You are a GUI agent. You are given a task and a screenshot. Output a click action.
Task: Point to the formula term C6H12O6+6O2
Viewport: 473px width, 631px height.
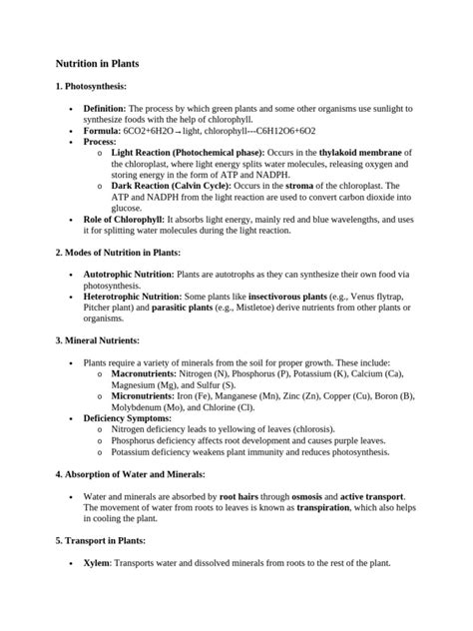click(x=273, y=131)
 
